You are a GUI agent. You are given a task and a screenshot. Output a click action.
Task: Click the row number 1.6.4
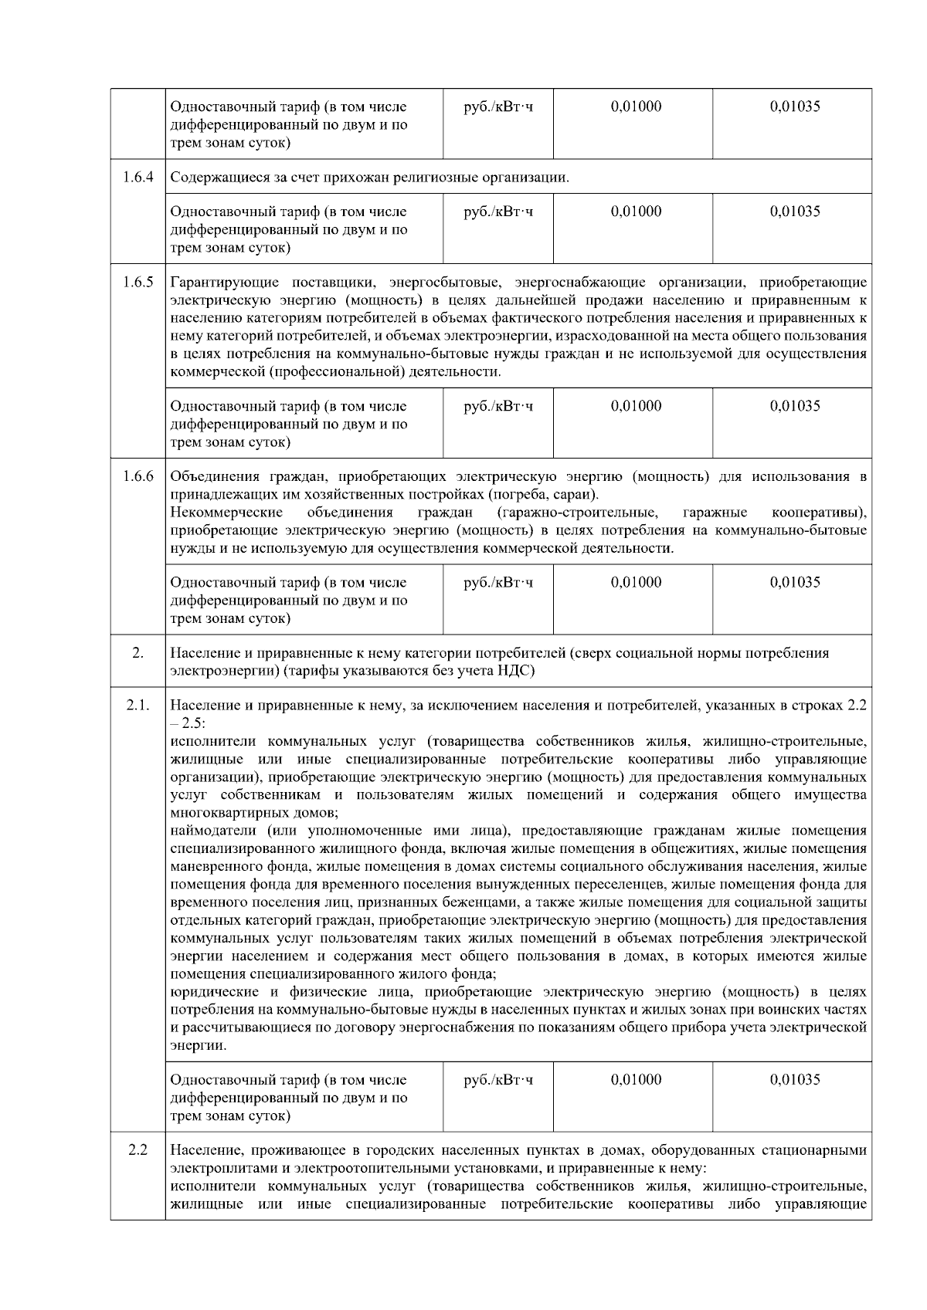click(138, 177)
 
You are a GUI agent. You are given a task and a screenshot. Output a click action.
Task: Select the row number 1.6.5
click(138, 282)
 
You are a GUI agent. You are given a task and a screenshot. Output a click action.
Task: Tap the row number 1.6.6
click(138, 476)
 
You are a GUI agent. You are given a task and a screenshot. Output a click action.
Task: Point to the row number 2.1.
click(138, 705)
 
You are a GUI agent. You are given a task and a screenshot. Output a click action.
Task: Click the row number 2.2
click(138, 1150)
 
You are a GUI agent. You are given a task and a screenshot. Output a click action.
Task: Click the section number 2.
click(138, 653)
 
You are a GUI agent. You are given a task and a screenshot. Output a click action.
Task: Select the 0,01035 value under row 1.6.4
click(795, 212)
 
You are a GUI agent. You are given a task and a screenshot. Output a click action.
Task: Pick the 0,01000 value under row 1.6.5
click(636, 406)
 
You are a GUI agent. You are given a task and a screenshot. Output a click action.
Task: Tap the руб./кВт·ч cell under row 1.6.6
click(498, 582)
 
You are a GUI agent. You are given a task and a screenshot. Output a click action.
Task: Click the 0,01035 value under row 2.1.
click(795, 1079)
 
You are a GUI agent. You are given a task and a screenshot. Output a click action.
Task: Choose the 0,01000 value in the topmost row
click(636, 107)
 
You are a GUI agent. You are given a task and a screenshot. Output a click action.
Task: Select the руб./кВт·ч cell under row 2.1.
click(498, 1079)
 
